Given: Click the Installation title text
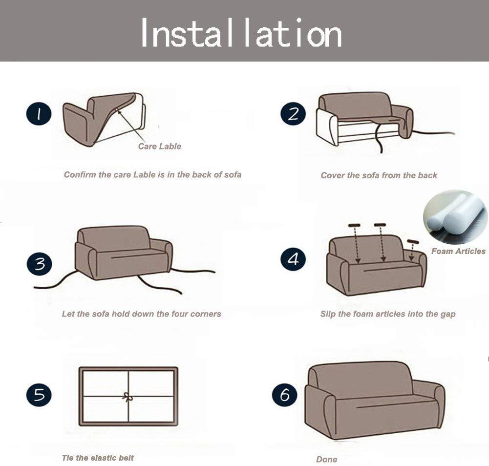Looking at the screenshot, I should point(241,33).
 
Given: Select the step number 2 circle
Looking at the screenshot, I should point(293,114).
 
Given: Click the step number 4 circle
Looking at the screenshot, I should point(293,258).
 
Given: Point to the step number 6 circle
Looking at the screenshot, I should point(284,395).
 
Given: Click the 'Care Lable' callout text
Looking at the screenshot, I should point(159,146).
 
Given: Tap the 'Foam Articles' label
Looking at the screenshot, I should point(458,251).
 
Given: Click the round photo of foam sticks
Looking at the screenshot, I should point(455,217).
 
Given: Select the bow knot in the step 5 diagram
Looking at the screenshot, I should point(128,397).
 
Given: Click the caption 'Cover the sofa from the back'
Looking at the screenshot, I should point(379,175).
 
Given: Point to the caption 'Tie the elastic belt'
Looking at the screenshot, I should point(97,458).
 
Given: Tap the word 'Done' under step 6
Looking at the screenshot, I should point(326,460).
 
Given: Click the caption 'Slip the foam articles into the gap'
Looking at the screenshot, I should point(387,314).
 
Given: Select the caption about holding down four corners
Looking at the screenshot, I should point(141,314).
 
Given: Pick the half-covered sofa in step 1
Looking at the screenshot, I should point(104,119).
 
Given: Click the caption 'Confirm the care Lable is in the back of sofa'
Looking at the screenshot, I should point(152,174).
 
